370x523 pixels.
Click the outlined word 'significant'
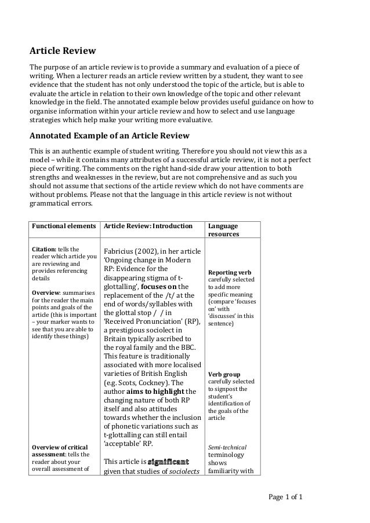coord(168,462)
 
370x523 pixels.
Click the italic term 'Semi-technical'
coord(227,447)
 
